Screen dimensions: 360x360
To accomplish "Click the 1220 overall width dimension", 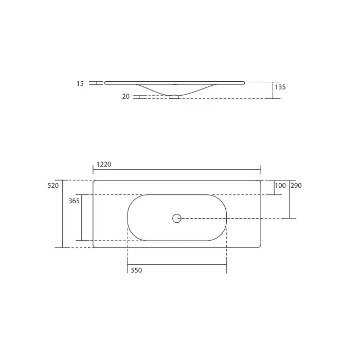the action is click(104, 165).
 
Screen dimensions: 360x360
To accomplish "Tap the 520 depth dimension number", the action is click(53, 186).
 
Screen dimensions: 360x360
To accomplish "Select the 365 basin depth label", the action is click(74, 201).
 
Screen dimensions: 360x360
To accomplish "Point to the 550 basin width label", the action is click(136, 270).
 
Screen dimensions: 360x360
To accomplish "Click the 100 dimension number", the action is click(280, 186).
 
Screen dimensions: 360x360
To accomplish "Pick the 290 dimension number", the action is click(296, 186).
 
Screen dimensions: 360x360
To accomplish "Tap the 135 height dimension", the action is click(280, 87).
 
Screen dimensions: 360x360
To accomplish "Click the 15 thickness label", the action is click(80, 83).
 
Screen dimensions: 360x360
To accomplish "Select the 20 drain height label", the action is click(126, 97).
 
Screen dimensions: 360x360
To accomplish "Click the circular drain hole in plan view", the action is click(177, 219).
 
